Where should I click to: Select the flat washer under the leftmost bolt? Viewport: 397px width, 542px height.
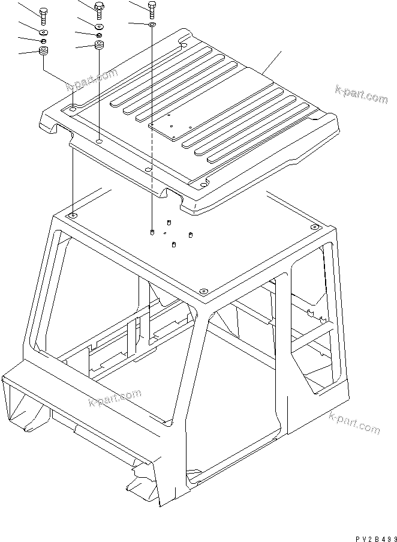43,31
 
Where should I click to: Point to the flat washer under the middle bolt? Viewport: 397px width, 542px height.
99,26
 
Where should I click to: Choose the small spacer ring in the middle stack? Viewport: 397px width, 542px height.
99,35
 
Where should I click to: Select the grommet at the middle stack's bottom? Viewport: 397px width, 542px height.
99,46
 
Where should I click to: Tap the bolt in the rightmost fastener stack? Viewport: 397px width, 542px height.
152,8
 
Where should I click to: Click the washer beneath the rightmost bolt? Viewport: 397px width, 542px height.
152,25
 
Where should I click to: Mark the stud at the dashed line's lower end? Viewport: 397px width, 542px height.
152,232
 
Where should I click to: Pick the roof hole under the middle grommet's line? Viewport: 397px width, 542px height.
99,142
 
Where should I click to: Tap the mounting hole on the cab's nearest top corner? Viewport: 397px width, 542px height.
202,292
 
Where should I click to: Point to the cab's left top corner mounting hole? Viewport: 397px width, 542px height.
73,215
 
